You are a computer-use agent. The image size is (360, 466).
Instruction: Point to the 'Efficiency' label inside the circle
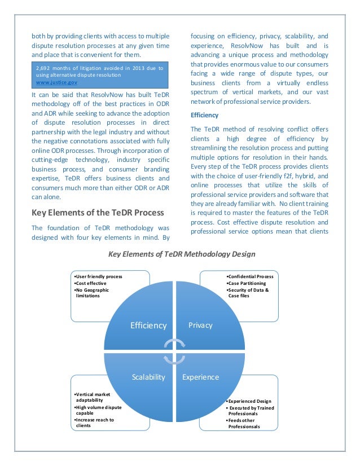(148, 326)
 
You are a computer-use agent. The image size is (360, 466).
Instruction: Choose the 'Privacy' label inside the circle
(200, 326)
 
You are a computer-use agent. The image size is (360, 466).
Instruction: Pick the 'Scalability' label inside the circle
(148, 377)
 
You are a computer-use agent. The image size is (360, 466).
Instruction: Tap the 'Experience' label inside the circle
(200, 377)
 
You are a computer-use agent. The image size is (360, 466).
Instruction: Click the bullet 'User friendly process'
(99, 276)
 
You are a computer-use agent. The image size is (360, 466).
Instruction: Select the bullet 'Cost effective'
(94, 283)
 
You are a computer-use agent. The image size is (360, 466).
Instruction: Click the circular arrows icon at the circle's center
(174, 351)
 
